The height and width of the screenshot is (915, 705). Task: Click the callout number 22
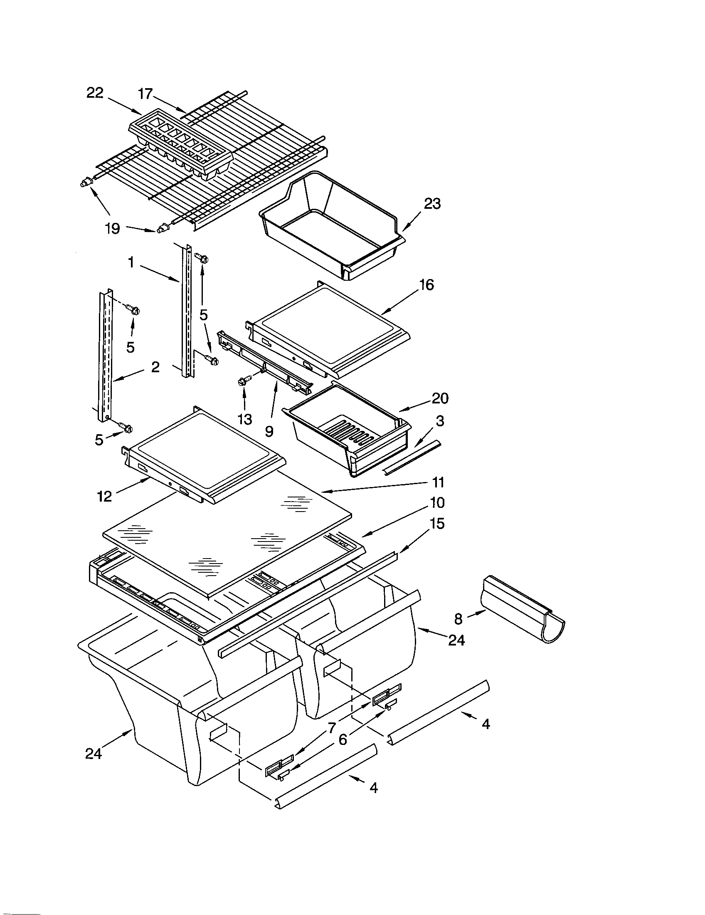(95, 93)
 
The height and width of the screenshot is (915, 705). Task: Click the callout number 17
(145, 94)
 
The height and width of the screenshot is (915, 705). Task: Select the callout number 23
(432, 204)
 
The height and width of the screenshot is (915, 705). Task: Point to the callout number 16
(426, 285)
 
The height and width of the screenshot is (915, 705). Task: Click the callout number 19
(113, 228)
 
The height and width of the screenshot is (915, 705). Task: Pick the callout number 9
(269, 431)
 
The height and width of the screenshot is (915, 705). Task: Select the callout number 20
(439, 398)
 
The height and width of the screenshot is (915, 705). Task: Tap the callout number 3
(439, 421)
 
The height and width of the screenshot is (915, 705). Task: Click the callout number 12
(104, 496)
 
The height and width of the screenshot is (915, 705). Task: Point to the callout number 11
(438, 482)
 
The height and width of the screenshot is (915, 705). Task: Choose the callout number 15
(437, 524)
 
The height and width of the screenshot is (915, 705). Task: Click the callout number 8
(458, 619)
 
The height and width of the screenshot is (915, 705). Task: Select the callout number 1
(131, 263)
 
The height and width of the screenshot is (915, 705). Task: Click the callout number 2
(155, 367)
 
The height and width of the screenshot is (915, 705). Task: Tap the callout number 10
(436, 502)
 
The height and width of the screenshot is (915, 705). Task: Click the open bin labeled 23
(331, 222)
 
